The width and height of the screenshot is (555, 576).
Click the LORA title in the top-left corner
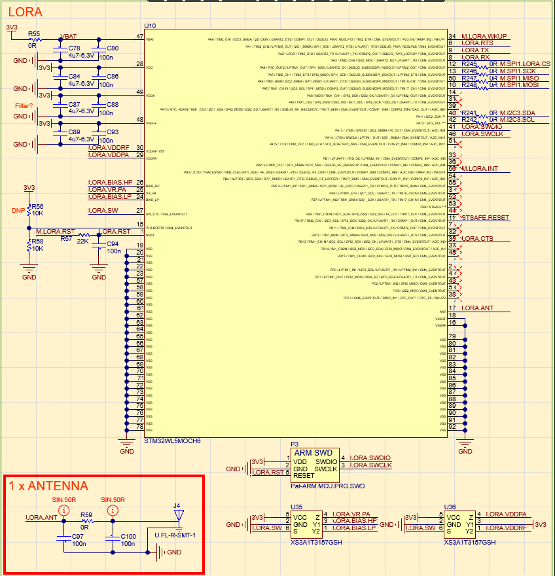[24, 12]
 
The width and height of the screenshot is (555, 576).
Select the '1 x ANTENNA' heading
[48, 486]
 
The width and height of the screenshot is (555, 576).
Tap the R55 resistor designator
[33, 33]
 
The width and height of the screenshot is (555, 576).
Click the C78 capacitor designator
[75, 48]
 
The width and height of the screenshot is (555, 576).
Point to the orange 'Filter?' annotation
[25, 105]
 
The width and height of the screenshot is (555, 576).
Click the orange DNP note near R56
[18, 210]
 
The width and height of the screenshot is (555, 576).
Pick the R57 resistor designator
[66, 239]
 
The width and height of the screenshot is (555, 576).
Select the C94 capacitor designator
[112, 243]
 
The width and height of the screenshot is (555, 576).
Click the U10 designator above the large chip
[150, 26]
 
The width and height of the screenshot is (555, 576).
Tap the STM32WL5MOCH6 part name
[171, 441]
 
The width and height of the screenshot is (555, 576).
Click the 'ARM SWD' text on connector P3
[313, 452]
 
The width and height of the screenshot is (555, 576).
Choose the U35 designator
[296, 506]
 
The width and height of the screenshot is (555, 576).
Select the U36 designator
[450, 506]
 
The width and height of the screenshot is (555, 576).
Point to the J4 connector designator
[177, 505]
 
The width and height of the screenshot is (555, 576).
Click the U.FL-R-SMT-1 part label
[175, 535]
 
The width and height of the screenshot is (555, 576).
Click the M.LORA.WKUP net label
[484, 36]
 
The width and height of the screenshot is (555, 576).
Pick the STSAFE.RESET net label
[485, 217]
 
